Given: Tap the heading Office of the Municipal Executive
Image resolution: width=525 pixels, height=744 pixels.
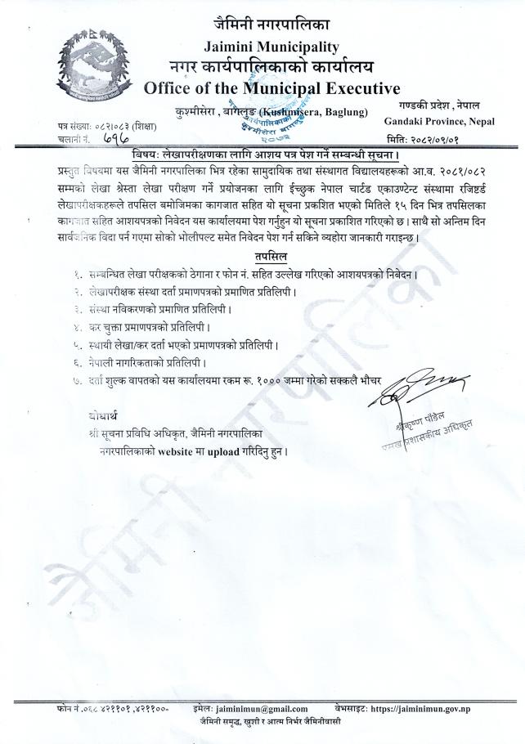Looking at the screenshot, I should (272, 88).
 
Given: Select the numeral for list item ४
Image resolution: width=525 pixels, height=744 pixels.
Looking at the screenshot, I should (78, 326).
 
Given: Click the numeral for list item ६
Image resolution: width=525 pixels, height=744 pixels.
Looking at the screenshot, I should (78, 361).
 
